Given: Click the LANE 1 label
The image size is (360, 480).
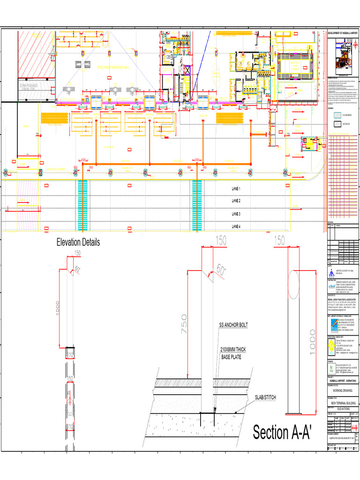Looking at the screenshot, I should click(236, 188).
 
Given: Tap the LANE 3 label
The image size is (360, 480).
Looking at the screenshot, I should click(236, 214).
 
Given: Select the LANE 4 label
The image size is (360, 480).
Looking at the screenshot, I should click(236, 226).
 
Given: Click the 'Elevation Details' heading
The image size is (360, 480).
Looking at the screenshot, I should click(78, 242).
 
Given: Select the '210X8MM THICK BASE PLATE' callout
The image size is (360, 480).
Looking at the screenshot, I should click(239, 353).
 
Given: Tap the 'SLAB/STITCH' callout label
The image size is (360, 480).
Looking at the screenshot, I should click(266, 397).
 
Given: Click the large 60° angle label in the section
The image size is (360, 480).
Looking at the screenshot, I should click(220, 270).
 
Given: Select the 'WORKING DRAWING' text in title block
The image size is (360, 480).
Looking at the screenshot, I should click(342, 390).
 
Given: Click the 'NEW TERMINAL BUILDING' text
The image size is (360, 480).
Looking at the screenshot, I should click(342, 403).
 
